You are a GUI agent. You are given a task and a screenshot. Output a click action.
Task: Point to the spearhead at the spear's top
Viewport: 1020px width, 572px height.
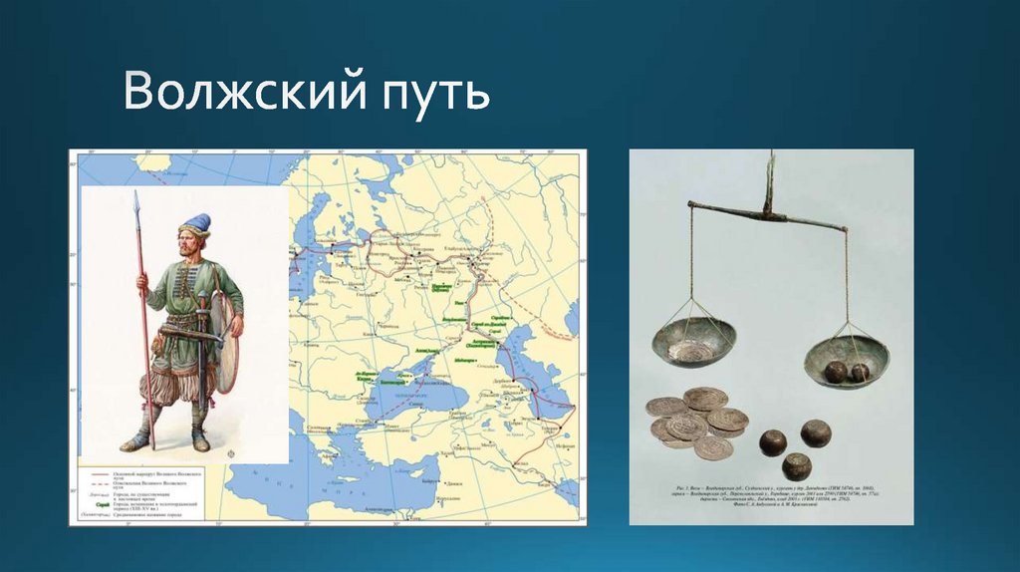click(136, 203)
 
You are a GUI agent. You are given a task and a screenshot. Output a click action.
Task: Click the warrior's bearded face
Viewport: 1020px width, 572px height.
click(190, 242)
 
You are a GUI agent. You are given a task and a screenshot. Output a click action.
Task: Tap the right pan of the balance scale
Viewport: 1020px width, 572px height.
click(846, 360)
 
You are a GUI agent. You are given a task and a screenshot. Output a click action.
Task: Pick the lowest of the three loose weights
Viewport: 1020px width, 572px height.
click(796, 465)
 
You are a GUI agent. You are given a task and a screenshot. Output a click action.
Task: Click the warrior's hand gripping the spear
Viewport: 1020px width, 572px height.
click(142, 281)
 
